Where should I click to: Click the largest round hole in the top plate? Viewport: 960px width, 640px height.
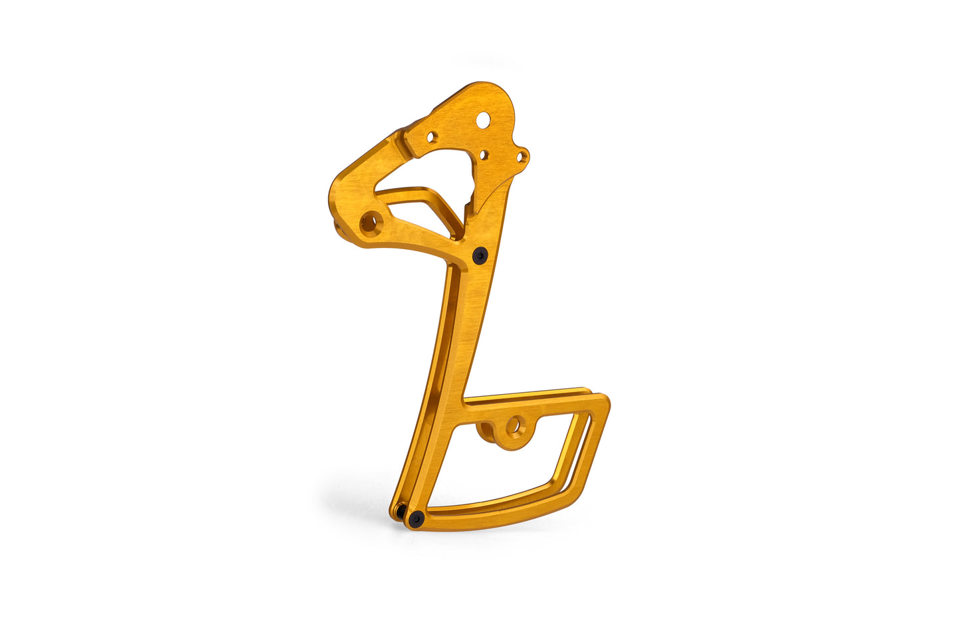(484, 120)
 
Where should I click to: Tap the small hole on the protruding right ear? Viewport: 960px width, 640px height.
(523, 157)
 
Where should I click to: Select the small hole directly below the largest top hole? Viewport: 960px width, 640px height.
(484, 155)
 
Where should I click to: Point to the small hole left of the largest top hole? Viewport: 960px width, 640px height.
(432, 138)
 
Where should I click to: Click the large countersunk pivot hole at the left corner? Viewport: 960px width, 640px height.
(369, 222)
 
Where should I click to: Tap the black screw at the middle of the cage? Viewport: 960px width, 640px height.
(479, 255)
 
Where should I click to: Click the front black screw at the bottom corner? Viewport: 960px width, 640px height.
(416, 518)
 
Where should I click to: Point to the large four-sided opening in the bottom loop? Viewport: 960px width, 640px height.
(505, 465)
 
